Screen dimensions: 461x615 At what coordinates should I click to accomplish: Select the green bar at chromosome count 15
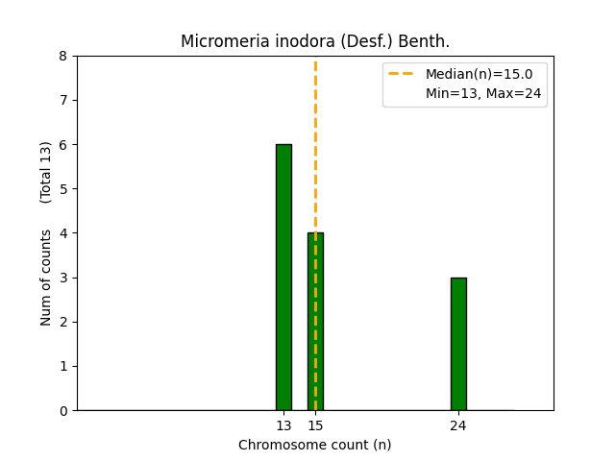click(315, 321)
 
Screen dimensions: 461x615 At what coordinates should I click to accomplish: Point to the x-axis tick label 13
click(283, 425)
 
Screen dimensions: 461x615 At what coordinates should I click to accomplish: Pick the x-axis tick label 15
click(315, 425)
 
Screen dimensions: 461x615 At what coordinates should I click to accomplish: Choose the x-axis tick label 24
click(458, 425)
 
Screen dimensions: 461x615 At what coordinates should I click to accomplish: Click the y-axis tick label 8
click(63, 56)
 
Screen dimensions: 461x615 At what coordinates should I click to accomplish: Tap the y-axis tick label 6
click(63, 145)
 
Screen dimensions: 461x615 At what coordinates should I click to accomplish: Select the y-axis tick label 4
click(63, 233)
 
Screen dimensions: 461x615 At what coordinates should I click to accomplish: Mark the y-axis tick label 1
click(63, 366)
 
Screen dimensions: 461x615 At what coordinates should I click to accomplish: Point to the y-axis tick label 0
click(63, 410)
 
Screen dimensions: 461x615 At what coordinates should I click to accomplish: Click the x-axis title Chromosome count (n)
click(315, 445)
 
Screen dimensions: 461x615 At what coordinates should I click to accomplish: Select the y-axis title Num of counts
click(46, 278)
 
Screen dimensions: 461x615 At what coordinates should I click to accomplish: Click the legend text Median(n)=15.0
click(479, 74)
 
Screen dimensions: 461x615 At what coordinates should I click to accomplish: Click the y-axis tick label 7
click(63, 100)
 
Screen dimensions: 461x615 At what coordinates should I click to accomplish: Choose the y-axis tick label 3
click(63, 278)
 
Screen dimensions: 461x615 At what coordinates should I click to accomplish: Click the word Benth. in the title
click(427, 41)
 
